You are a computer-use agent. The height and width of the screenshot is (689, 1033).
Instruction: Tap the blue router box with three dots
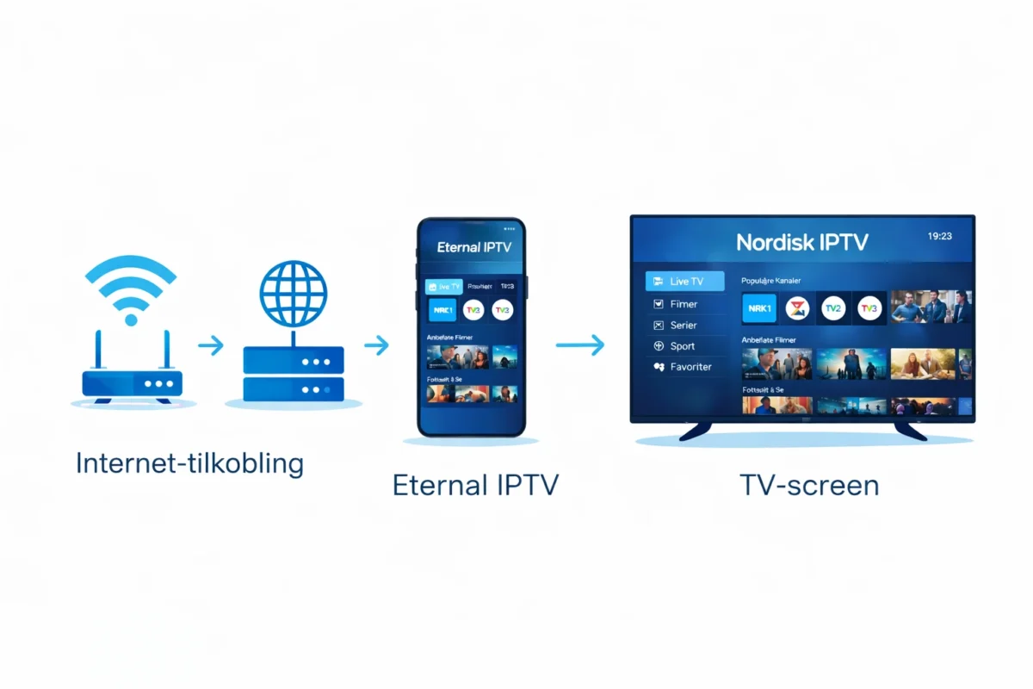pos(132,382)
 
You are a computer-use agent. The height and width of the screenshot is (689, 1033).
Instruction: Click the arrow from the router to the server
pos(210,345)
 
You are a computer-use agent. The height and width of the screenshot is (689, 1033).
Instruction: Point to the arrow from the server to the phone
pos(376,345)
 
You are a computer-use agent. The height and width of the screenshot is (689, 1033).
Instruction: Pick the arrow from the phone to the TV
pos(579,345)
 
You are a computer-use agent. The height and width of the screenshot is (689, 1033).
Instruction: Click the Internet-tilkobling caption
pos(189,464)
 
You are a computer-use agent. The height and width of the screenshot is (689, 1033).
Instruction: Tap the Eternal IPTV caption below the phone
pos(475,485)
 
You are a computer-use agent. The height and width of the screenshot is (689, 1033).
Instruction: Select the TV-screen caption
pos(809,485)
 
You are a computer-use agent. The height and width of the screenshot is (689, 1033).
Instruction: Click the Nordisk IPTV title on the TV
pos(802,243)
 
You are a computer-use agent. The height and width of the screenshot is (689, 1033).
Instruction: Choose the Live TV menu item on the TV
pos(685,282)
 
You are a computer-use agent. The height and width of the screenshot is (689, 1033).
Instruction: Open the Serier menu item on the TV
pos(684,325)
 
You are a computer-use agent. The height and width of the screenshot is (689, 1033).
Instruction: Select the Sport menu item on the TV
pos(683,346)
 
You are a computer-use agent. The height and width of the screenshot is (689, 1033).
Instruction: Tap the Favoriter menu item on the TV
pos(690,367)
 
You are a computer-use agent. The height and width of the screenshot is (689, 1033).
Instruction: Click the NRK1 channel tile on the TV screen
pos(758,308)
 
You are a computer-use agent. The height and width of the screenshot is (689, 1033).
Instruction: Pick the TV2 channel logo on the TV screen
pos(832,308)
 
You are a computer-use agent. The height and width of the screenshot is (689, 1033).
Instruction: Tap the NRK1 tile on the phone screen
pos(442,309)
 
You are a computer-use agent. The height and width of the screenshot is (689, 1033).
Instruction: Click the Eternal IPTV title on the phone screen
pos(473,247)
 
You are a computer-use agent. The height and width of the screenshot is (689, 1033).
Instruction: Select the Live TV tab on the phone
pos(444,286)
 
